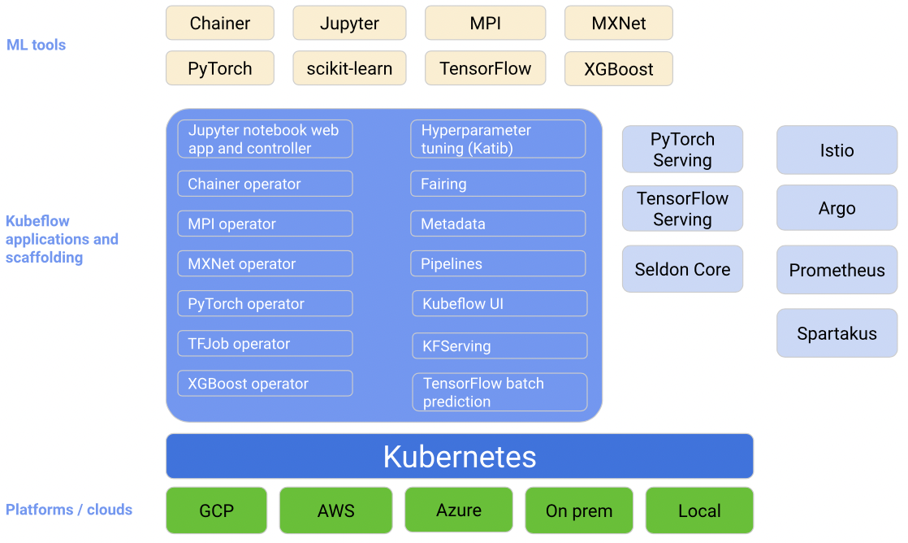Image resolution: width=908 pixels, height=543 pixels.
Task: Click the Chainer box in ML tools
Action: coord(219,24)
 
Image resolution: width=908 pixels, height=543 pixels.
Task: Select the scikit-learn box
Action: coord(349,68)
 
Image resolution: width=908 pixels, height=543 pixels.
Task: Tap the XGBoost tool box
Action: coord(618,69)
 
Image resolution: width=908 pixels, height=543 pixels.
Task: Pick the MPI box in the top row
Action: coord(486,24)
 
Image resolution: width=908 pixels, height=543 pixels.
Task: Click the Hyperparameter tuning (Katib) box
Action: coord(498,139)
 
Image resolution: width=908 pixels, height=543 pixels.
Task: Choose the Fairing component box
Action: coord(498,184)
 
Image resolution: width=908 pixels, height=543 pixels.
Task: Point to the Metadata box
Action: coord(498,224)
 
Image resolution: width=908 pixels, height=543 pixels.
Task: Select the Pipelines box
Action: coord(498,263)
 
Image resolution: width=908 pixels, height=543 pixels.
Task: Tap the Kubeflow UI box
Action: coord(499,304)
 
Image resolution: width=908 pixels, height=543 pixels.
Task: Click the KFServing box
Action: coord(499,346)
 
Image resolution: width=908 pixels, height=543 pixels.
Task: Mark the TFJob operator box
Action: coord(266,344)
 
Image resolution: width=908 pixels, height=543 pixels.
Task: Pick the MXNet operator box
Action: coord(266,263)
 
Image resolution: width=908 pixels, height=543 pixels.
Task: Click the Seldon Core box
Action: coord(682,270)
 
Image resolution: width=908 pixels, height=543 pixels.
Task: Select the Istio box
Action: coord(837,150)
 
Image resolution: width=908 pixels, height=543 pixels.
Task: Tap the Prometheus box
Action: coord(837,270)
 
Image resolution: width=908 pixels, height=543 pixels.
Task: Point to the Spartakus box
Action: coord(837,333)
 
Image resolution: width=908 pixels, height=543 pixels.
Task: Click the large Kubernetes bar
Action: coord(459,456)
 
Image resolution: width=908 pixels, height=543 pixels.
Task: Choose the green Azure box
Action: coord(459,510)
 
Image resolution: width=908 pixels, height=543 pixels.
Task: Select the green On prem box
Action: coord(579,510)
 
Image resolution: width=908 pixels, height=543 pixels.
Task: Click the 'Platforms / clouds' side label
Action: coord(69,510)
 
